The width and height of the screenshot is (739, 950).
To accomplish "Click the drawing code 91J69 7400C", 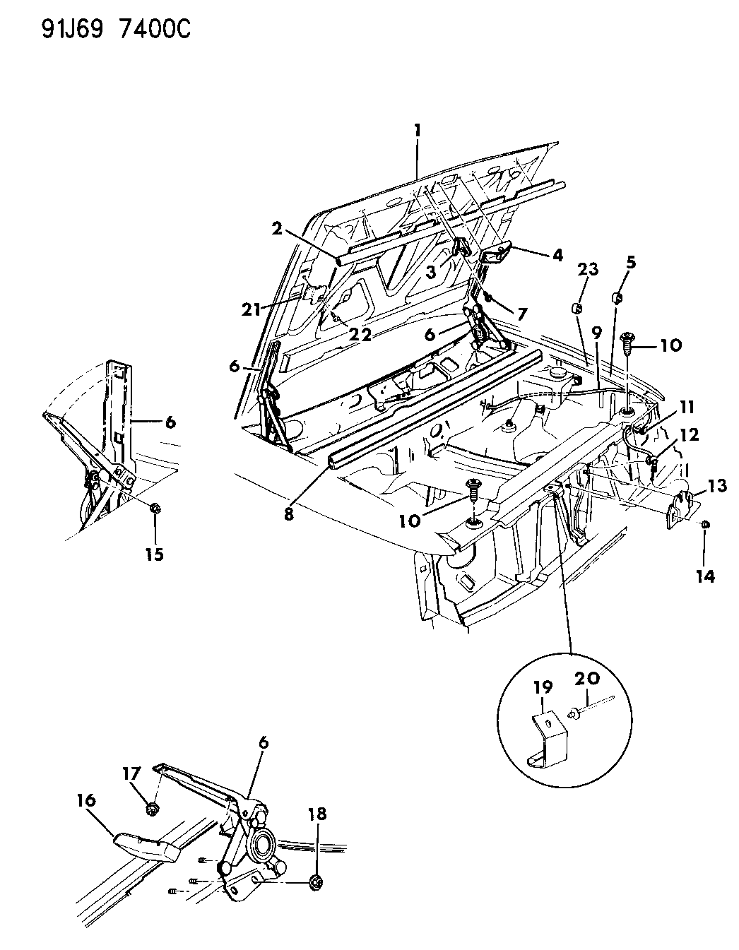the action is [x=116, y=30].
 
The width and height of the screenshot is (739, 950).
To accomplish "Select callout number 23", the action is [x=588, y=270].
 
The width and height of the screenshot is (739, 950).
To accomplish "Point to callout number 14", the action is [x=704, y=576].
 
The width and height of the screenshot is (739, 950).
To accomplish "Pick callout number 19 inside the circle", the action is [x=542, y=687].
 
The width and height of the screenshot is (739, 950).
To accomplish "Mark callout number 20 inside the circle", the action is [x=587, y=679].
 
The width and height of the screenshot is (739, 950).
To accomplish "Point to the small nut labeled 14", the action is [x=704, y=525].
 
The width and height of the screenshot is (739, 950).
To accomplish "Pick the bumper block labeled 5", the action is [x=617, y=299].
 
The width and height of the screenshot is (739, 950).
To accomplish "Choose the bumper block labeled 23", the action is [x=577, y=309].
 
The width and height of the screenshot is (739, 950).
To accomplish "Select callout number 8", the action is [x=288, y=514].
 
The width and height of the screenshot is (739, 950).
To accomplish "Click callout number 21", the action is [x=251, y=310].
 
